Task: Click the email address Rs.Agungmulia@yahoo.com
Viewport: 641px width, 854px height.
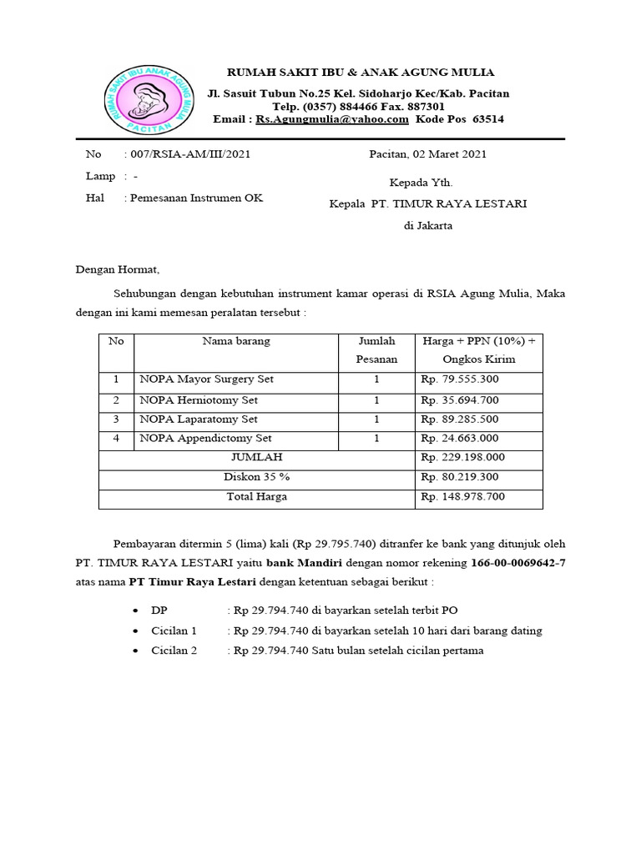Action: (x=332, y=119)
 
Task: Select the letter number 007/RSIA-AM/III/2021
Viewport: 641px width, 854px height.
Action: (x=187, y=154)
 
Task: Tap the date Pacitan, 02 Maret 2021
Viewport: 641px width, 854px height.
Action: (x=428, y=154)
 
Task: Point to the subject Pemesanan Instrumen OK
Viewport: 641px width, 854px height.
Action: (x=193, y=198)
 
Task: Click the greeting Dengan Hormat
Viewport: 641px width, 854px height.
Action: (x=117, y=269)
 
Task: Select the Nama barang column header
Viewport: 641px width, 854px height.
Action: (x=236, y=341)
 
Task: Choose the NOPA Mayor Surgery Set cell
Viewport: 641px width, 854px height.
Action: (x=207, y=379)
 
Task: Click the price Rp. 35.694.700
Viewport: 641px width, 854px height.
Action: (x=460, y=399)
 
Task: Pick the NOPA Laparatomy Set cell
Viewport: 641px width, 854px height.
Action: (x=199, y=419)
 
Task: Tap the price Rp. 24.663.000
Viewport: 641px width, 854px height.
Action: (x=460, y=439)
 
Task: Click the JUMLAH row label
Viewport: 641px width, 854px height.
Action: (x=256, y=458)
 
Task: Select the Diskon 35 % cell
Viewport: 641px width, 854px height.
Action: (x=256, y=478)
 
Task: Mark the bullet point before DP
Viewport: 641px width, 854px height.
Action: (x=136, y=611)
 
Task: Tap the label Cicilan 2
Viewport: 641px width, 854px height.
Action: (x=174, y=651)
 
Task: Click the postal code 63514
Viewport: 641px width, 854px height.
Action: (x=488, y=119)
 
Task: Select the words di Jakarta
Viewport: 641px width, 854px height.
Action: (x=428, y=226)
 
